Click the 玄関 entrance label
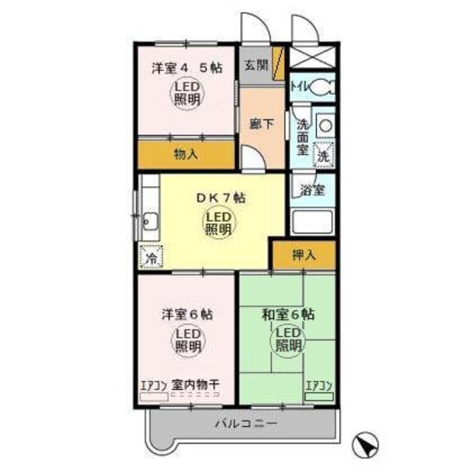pyautogui.click(x=255, y=65)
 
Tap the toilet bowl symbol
pyautogui.click(x=323, y=87)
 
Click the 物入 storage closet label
pyautogui.click(x=185, y=154)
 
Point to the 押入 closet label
pyautogui.click(x=303, y=255)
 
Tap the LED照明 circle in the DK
pyautogui.click(x=218, y=223)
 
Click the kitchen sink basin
pyautogui.click(x=151, y=220)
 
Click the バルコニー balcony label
pyautogui.click(x=246, y=423)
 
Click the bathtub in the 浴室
pyautogui.click(x=312, y=222)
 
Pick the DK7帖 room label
pyautogui.click(x=220, y=198)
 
